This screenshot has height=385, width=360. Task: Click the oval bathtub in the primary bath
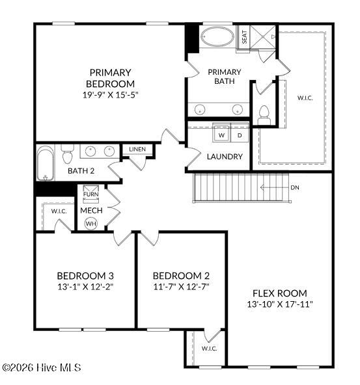click(x=217, y=36)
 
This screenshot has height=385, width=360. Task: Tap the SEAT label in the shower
click(x=244, y=37)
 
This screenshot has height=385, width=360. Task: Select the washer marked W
click(x=221, y=135)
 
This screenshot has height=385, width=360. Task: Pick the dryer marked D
click(x=240, y=135)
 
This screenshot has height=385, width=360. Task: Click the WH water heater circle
click(x=91, y=224)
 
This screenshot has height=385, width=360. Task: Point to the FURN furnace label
click(x=91, y=194)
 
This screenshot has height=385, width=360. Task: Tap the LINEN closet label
click(x=137, y=149)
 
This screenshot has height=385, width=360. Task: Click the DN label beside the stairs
click(x=295, y=187)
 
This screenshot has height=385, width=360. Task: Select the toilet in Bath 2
click(x=67, y=153)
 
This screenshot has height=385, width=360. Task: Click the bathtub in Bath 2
click(x=46, y=163)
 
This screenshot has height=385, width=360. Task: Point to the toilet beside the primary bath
click(x=264, y=115)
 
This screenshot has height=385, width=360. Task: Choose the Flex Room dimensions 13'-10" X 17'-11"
click(x=280, y=304)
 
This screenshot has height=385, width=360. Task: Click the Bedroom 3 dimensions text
click(x=85, y=287)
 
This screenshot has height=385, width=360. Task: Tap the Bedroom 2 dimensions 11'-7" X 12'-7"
click(x=181, y=287)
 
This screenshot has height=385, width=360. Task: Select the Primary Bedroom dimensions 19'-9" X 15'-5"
click(x=111, y=95)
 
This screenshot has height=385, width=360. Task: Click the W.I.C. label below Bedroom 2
click(x=210, y=348)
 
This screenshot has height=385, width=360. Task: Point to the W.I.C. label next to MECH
click(x=59, y=211)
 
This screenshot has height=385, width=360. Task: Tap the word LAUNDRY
click(x=225, y=156)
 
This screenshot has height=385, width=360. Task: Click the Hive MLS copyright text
click(x=42, y=367)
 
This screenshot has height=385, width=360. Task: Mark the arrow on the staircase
click(x=274, y=187)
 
